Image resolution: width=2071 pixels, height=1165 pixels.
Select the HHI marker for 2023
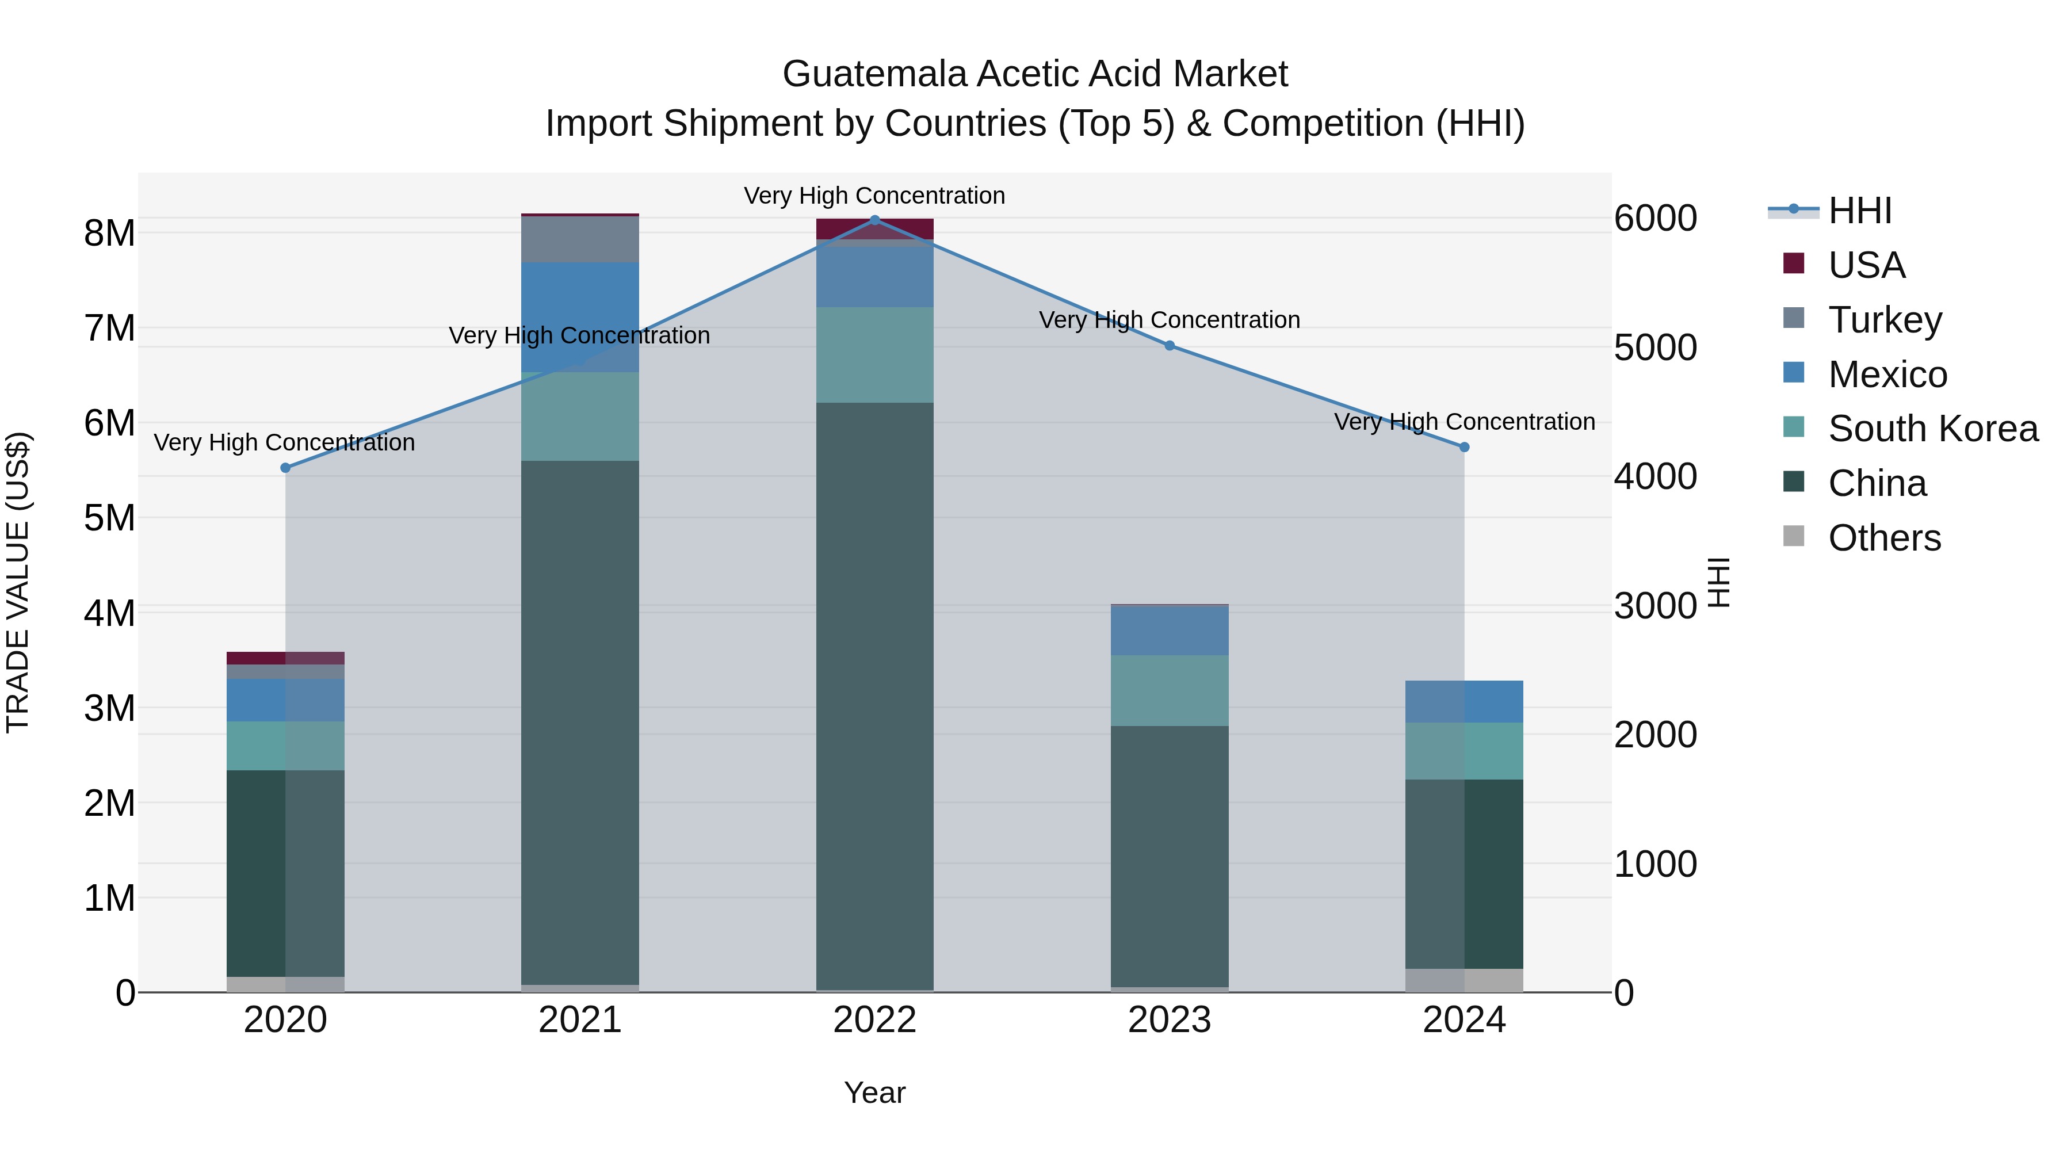coord(1170,346)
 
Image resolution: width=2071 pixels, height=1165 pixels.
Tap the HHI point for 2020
coord(285,468)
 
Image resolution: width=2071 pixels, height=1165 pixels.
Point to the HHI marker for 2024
coord(1464,447)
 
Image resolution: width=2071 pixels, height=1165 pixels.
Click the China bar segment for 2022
coord(874,696)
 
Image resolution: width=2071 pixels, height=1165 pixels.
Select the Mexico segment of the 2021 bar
coord(580,317)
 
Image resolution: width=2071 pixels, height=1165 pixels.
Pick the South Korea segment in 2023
coord(1170,690)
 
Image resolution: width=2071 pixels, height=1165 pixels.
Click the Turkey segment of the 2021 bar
coord(580,239)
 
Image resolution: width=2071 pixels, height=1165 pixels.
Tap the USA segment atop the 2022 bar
coord(874,228)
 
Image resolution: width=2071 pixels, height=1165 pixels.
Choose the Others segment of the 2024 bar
coord(1464,980)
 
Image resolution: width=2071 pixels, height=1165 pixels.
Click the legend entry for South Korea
coord(1933,429)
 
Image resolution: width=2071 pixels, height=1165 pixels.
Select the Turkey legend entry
coord(1885,319)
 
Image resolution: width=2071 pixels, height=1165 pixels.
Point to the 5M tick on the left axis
coord(109,518)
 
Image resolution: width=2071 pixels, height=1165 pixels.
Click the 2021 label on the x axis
coord(580,1020)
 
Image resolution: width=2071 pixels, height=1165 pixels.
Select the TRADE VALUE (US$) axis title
coord(18,582)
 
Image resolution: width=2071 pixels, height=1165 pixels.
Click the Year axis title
coord(874,1093)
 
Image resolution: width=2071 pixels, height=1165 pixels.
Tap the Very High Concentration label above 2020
coord(285,442)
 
